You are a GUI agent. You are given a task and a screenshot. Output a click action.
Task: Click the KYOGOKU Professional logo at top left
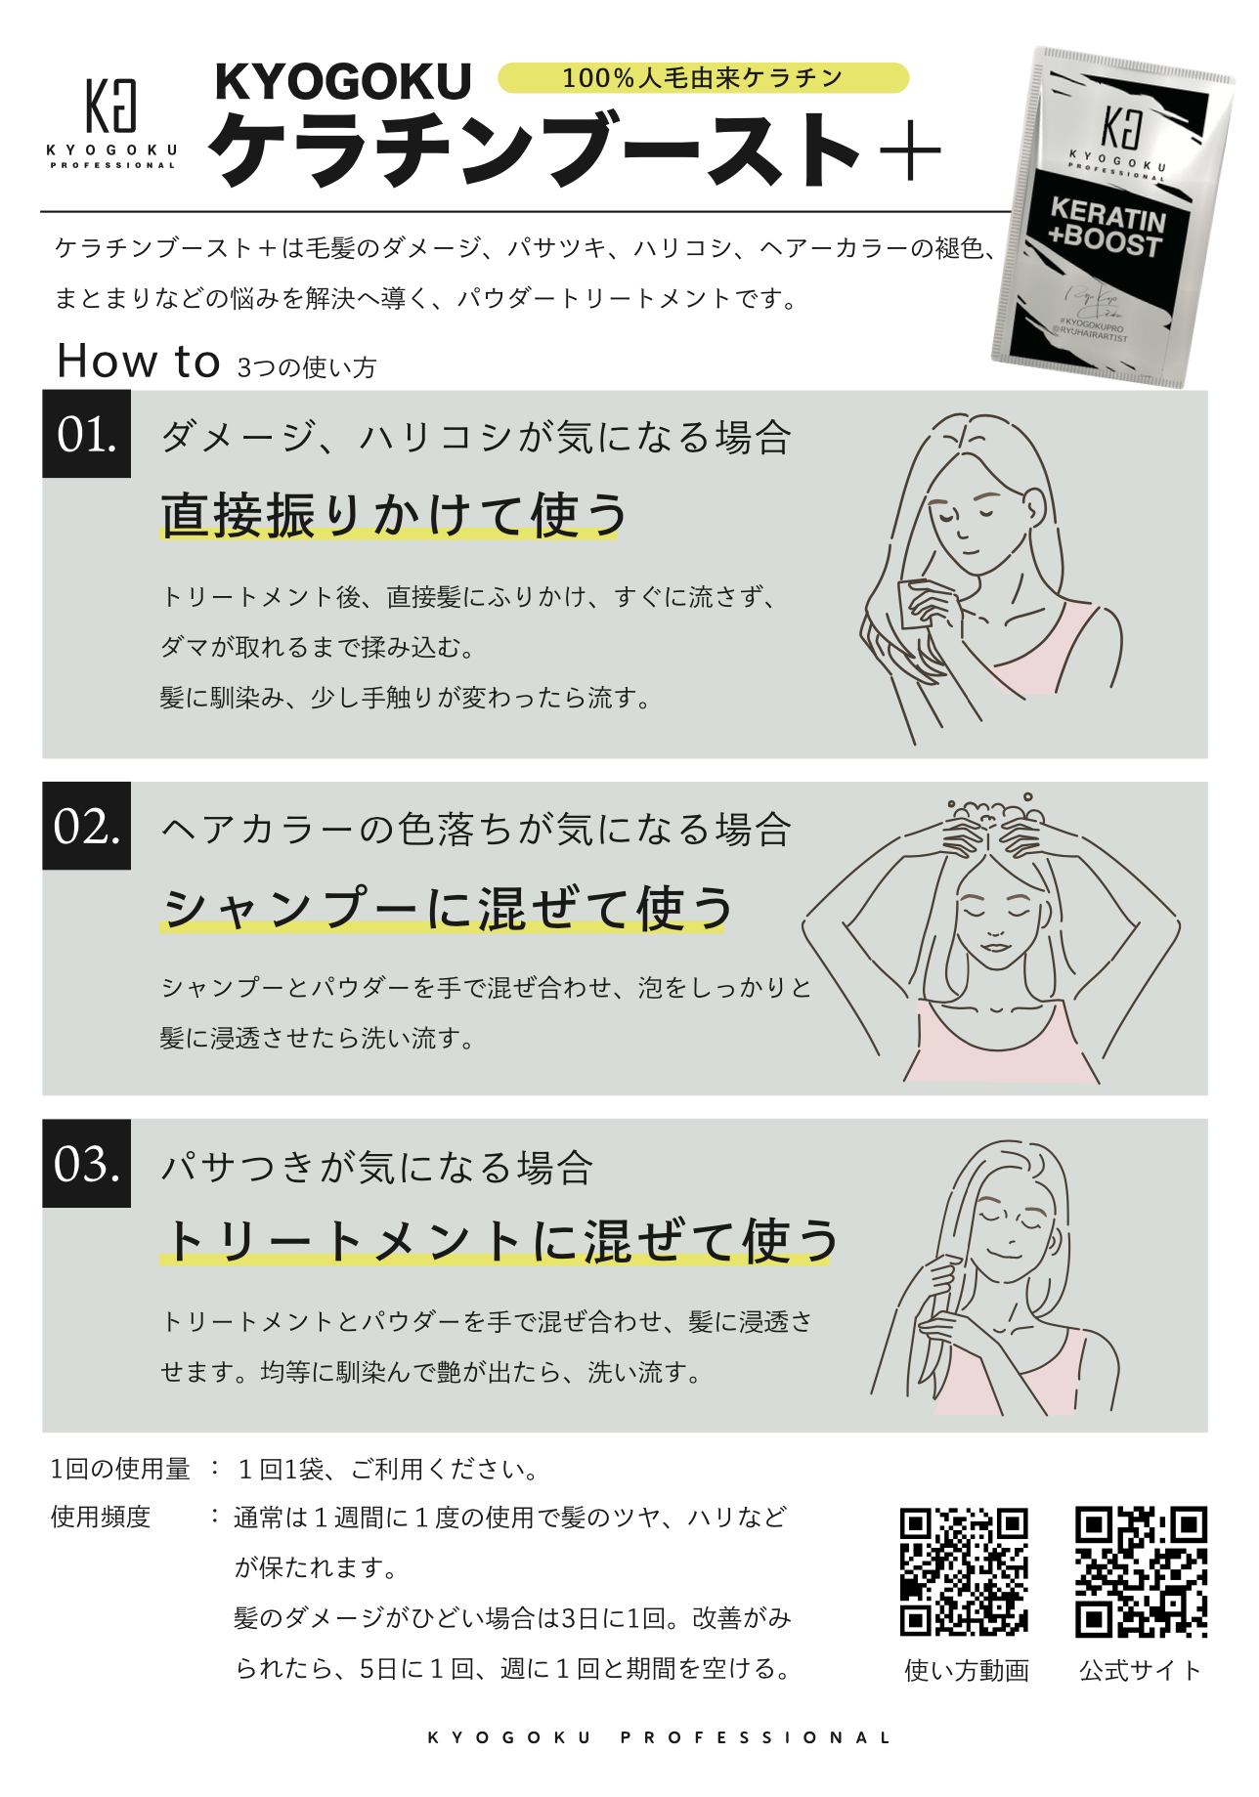point(112,121)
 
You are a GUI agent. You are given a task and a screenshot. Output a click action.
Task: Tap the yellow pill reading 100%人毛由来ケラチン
point(703,78)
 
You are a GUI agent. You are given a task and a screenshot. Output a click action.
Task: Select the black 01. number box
point(86,434)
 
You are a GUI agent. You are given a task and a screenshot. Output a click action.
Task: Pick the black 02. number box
point(86,826)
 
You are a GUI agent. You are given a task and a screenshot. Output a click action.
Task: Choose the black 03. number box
point(86,1163)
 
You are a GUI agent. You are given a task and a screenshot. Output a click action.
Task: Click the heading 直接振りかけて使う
point(393,516)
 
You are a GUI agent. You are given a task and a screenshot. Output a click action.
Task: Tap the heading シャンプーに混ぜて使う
point(446,908)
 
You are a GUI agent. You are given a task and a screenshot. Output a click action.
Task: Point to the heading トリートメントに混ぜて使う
point(499,1241)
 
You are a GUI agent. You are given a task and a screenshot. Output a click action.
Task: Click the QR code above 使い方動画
point(964,1571)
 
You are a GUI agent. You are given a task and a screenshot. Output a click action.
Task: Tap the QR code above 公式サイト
point(1141,1571)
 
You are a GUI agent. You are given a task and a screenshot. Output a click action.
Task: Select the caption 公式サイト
point(1140,1670)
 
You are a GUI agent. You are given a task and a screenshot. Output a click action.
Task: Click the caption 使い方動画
point(967,1670)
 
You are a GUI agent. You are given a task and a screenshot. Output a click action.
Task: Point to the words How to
point(139,361)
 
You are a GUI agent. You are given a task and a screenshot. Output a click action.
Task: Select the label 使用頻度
point(101,1517)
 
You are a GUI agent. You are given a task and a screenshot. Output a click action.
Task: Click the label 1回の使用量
point(120,1469)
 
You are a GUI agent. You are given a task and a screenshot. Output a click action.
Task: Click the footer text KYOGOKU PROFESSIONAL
point(660,1737)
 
